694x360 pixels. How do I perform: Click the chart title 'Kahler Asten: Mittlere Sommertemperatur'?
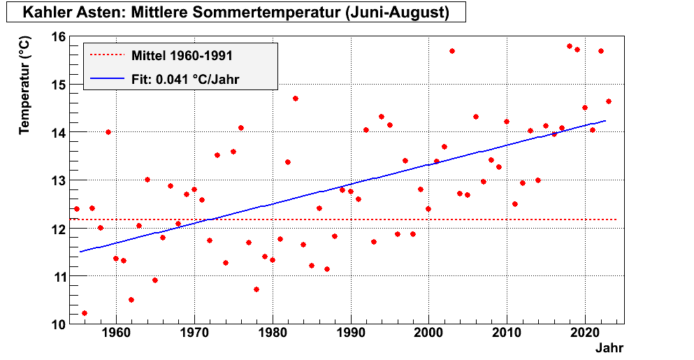[235, 13]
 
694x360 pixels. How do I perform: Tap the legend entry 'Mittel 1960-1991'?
[182, 55]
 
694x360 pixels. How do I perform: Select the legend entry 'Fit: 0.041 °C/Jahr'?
[185, 79]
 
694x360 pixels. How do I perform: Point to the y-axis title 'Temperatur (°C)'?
[25, 86]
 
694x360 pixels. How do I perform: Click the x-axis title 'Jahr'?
[609, 347]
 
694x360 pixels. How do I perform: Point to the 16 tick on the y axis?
[59, 36]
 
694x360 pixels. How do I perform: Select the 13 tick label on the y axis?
[59, 180]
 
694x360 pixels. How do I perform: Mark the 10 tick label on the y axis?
[59, 324]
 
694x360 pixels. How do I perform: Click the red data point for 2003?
[452, 51]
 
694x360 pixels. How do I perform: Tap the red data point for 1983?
[296, 99]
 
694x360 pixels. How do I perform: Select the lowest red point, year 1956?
[85, 313]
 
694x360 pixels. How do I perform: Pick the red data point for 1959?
[108, 132]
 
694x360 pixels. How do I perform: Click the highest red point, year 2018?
[569, 46]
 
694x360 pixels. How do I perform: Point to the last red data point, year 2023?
[608, 101]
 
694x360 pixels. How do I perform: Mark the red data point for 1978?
[256, 289]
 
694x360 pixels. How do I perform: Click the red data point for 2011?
[514, 204]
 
